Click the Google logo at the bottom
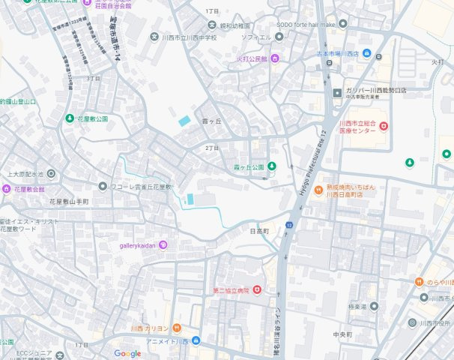point(127,353)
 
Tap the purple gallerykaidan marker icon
point(163,245)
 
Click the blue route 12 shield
point(288,223)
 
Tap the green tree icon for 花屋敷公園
point(70,118)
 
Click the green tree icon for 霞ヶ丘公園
point(272,166)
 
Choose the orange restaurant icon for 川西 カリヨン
point(177,328)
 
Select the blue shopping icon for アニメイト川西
point(196,341)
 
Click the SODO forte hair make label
point(307,24)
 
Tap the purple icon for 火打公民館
point(275,58)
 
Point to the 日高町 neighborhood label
point(259,232)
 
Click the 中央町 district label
point(343,334)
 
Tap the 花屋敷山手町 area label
point(69,202)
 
